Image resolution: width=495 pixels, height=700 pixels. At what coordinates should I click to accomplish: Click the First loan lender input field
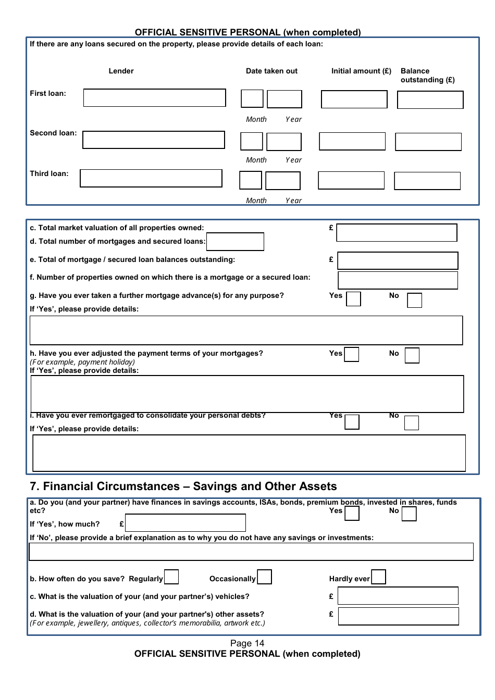154,98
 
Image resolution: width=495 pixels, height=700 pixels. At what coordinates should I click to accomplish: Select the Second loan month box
251,141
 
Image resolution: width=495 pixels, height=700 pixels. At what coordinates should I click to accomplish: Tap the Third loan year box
282,181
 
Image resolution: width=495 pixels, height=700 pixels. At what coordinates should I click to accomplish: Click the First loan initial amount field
354,99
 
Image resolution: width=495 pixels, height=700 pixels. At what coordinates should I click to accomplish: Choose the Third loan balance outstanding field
427,181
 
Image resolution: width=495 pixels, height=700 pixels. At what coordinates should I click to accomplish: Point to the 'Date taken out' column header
271,71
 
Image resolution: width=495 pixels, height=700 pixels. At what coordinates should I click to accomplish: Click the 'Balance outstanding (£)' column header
427,76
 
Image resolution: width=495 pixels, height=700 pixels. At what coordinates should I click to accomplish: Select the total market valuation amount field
397,233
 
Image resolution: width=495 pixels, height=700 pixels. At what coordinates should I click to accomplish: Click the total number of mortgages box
235,242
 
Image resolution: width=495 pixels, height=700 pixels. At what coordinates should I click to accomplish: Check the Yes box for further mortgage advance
353,299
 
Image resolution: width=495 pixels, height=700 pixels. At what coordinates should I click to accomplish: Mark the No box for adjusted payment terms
412,355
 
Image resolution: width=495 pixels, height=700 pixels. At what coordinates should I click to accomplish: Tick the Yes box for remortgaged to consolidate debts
352,422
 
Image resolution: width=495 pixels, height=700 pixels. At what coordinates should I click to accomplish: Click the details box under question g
246,330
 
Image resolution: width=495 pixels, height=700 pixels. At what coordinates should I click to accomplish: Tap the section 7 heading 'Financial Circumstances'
183,486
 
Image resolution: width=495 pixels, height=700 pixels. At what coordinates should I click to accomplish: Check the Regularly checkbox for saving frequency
171,577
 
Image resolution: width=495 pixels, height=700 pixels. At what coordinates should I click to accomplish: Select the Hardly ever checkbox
378,577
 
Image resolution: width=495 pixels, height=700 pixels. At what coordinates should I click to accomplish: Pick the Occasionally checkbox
264,577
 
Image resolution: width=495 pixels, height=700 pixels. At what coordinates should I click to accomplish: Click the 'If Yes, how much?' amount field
185,523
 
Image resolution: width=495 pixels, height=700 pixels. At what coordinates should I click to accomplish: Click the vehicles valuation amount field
398,596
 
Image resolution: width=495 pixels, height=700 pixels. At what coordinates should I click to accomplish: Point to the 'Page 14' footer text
247,643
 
